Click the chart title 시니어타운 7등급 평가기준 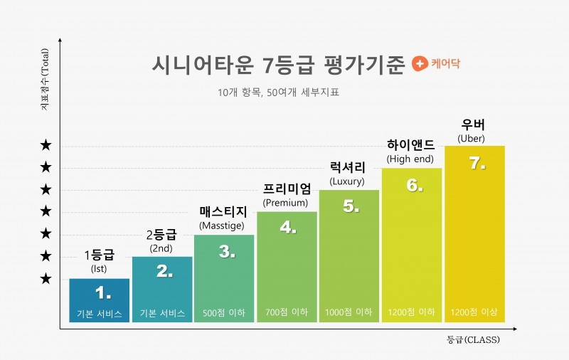pyautogui.click(x=278, y=65)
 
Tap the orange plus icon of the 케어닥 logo pyautogui.click(x=420, y=64)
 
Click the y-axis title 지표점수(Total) pyautogui.click(x=43, y=79)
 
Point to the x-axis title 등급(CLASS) pyautogui.click(x=473, y=340)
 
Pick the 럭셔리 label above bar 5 pyautogui.click(x=348, y=168)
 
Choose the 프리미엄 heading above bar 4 pyautogui.click(x=287, y=189)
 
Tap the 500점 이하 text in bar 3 pyautogui.click(x=224, y=312)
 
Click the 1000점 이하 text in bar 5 pyautogui.click(x=349, y=312)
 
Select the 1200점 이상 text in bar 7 pyautogui.click(x=474, y=312)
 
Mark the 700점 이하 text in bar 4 pyautogui.click(x=287, y=312)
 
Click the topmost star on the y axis pyautogui.click(x=46, y=146)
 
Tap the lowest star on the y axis pyautogui.click(x=46, y=279)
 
